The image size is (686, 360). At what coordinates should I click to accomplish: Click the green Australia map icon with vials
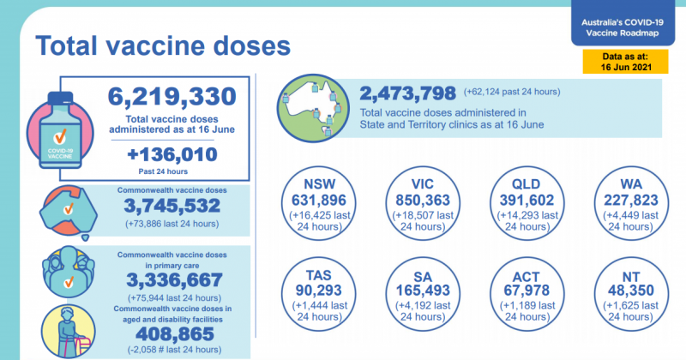tap(310, 107)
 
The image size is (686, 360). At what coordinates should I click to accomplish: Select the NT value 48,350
tap(620, 292)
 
